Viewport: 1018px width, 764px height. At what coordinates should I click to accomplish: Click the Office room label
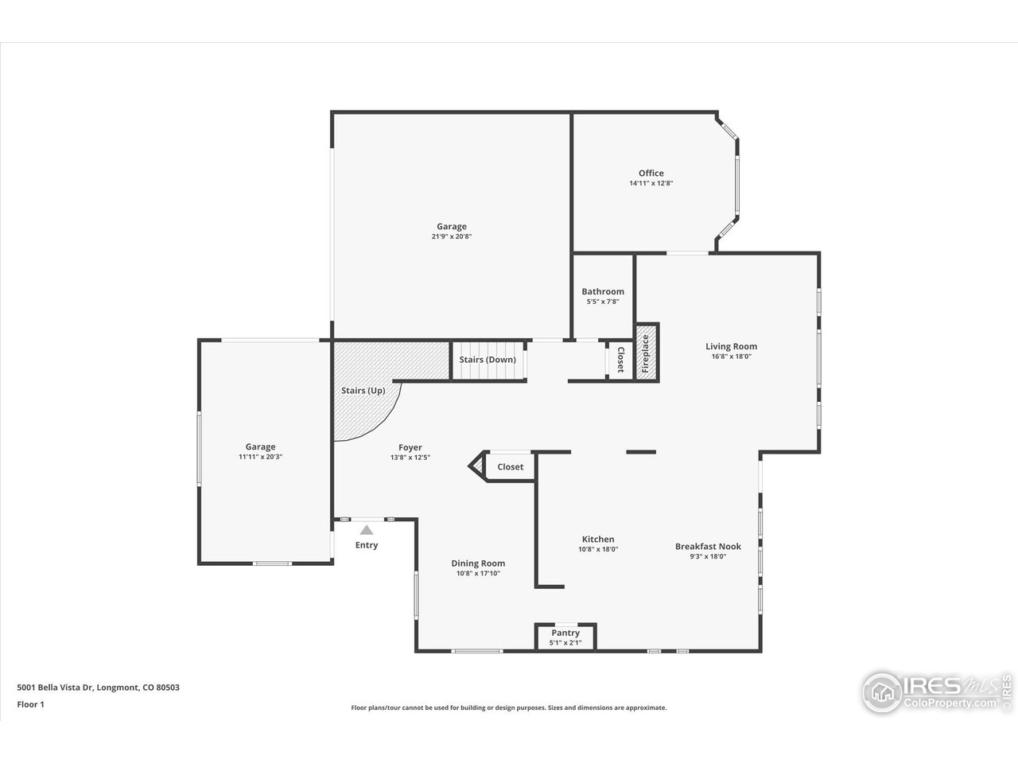[651, 173]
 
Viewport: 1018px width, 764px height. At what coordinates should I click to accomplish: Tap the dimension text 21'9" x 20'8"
[451, 236]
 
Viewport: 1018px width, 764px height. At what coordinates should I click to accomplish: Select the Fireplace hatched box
[646, 352]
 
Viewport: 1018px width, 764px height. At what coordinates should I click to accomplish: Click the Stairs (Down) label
[488, 360]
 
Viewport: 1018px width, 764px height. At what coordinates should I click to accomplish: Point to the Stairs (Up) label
[363, 391]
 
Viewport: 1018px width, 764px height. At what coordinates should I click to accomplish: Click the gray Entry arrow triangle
[366, 529]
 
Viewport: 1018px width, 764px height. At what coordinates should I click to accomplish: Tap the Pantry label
[565, 633]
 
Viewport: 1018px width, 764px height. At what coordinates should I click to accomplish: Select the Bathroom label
[602, 291]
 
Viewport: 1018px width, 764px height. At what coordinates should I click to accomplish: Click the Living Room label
[731, 346]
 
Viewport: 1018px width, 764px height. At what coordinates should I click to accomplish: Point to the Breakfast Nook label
[708, 546]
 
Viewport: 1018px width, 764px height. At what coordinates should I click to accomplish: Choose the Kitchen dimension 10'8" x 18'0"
[598, 549]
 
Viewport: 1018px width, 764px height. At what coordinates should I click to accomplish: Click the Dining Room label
[478, 563]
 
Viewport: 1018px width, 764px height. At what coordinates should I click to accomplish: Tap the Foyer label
[410, 447]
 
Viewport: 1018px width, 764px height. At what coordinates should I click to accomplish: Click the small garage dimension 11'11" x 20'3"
[260, 457]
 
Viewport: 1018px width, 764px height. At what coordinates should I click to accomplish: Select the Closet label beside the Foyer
[510, 466]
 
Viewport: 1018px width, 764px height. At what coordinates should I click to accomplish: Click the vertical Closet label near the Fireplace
[620, 360]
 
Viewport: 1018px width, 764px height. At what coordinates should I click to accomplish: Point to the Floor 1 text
[30, 704]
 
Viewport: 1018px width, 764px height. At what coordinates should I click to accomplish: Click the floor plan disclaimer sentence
[509, 707]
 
